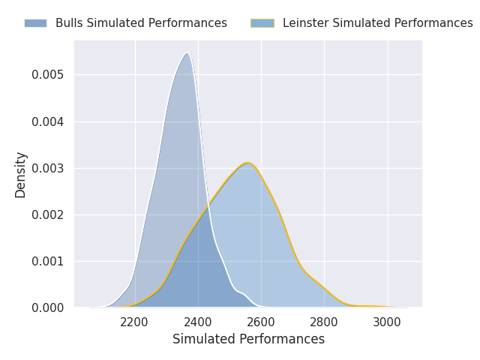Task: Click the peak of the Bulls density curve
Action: pyautogui.click(x=187, y=53)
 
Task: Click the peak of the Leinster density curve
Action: pyautogui.click(x=247, y=163)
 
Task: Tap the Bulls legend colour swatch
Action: pyautogui.click(x=35, y=23)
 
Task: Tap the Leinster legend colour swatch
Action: pyautogui.click(x=262, y=23)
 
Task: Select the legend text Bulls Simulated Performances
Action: pyautogui.click(x=141, y=23)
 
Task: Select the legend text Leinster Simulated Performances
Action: pyautogui.click(x=378, y=23)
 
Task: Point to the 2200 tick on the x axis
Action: pyautogui.click(x=133, y=322)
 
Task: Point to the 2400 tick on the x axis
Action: pyautogui.click(x=197, y=322)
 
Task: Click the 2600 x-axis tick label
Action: pyautogui.click(x=260, y=322)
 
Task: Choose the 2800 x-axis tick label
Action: pyautogui.click(x=323, y=322)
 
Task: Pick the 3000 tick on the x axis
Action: pyautogui.click(x=387, y=322)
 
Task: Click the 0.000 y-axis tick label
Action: pyautogui.click(x=48, y=307)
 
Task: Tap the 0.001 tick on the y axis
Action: pyautogui.click(x=48, y=262)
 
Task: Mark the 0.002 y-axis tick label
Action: pyautogui.click(x=48, y=215)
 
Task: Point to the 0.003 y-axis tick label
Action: pyautogui.click(x=48, y=168)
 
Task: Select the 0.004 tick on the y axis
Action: pyautogui.click(x=48, y=121)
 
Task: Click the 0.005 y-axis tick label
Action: pyautogui.click(x=48, y=75)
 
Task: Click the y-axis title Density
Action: pyautogui.click(x=20, y=175)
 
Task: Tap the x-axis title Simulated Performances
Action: pyautogui.click(x=248, y=339)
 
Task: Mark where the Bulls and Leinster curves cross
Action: pyautogui.click(x=208, y=205)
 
